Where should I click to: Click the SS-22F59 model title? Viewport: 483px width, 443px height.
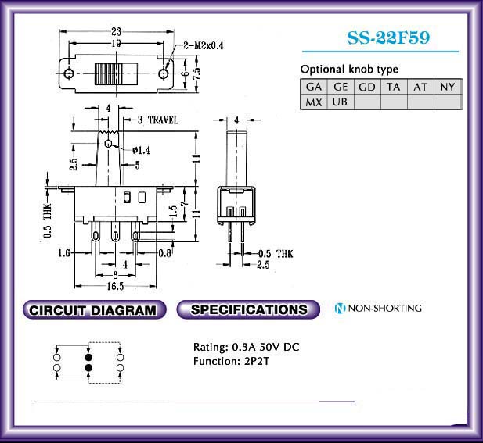point(388,38)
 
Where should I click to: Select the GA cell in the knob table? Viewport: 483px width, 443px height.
point(314,87)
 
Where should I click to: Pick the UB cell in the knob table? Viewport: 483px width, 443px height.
point(340,102)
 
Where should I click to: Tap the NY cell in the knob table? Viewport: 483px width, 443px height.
point(448,87)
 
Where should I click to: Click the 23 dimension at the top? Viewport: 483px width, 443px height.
point(116,31)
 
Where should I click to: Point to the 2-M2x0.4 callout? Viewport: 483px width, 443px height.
point(204,45)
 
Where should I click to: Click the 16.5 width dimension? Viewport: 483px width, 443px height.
point(115,287)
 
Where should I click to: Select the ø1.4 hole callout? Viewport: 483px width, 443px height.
point(141,150)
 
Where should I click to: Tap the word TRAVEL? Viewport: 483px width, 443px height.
point(163,120)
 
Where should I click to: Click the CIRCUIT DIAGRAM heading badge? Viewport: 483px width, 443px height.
point(94,309)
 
